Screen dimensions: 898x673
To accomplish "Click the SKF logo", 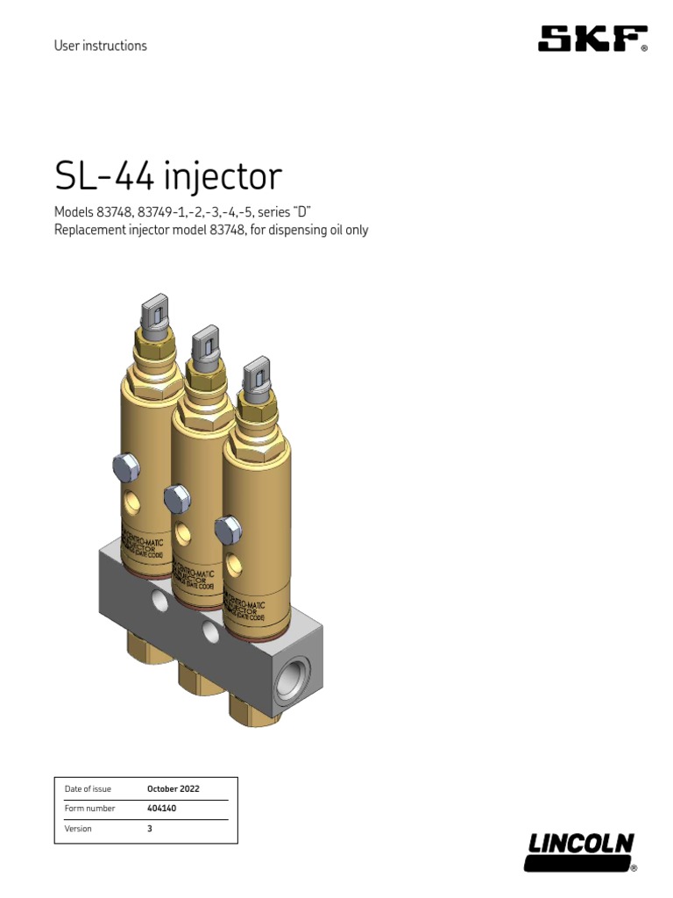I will (592, 39).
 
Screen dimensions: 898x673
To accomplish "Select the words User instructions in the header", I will (100, 46).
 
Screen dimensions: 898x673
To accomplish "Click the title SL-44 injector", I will (168, 176).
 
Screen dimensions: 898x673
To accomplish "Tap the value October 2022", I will (173, 788).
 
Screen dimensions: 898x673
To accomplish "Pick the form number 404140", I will (161, 809).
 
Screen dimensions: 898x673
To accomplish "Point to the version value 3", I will (150, 828).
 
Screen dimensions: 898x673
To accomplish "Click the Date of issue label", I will (88, 788).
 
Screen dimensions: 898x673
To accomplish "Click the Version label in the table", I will (78, 828).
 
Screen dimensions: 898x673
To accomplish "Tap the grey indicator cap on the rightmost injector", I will (255, 374).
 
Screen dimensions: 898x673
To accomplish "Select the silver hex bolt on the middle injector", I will (177, 499).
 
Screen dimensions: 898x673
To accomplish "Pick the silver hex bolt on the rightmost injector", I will (227, 530).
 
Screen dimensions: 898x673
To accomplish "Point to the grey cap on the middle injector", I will (206, 343).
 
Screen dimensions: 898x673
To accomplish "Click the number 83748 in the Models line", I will (111, 212).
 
